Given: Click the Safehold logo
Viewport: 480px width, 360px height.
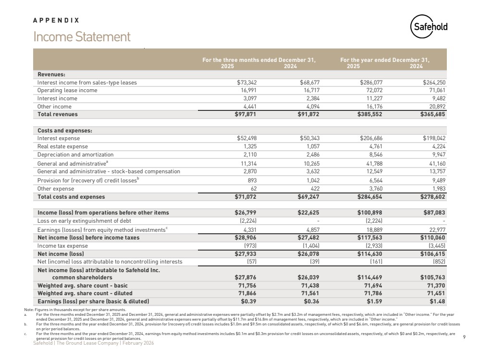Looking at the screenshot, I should point(429,27).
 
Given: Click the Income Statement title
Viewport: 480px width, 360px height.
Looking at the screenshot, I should point(82,37).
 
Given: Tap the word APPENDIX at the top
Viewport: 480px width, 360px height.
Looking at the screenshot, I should point(56,21).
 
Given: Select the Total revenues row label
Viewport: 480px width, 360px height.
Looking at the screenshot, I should point(57,114).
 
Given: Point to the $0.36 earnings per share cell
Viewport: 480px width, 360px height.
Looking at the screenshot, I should point(313,301).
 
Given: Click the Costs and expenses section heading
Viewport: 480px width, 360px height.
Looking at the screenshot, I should point(65,131).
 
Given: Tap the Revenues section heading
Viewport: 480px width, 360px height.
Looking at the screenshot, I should point(51,74).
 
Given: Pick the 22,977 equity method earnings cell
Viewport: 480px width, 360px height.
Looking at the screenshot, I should point(443,229).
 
